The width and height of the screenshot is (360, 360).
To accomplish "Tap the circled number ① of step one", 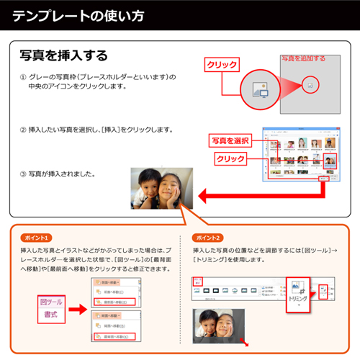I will [x=23, y=76].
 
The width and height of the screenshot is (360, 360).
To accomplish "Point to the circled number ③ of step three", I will [x=23, y=174].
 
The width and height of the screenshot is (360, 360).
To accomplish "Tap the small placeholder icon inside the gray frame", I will [x=310, y=84].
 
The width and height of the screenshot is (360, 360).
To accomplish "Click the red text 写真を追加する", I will [x=302, y=58].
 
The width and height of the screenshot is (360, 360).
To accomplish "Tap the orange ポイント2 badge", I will [x=208, y=237].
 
